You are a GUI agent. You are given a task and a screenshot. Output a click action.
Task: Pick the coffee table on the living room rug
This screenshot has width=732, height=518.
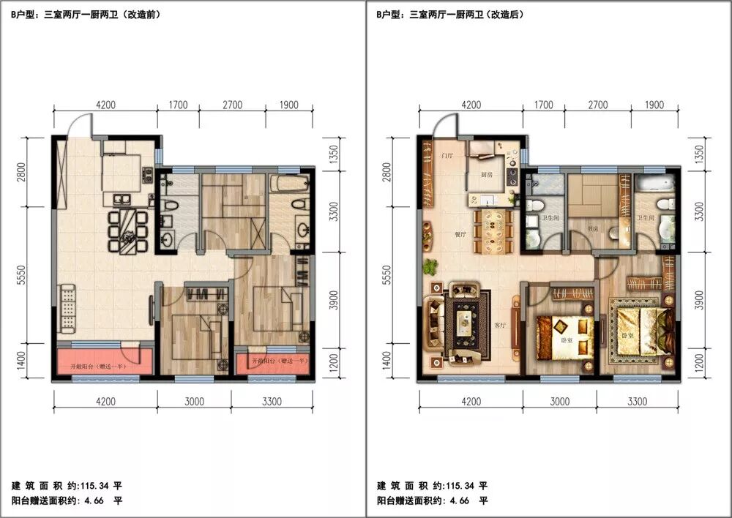(x=463, y=319)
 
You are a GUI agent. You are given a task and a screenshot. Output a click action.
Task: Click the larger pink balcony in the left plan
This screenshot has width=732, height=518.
(x=104, y=361)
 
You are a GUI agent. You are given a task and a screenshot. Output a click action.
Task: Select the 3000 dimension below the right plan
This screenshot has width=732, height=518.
(x=559, y=401)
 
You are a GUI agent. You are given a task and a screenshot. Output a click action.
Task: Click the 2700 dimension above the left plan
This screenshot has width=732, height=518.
(x=232, y=105)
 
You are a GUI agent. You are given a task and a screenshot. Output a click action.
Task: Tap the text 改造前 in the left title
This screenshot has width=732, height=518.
(x=146, y=14)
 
